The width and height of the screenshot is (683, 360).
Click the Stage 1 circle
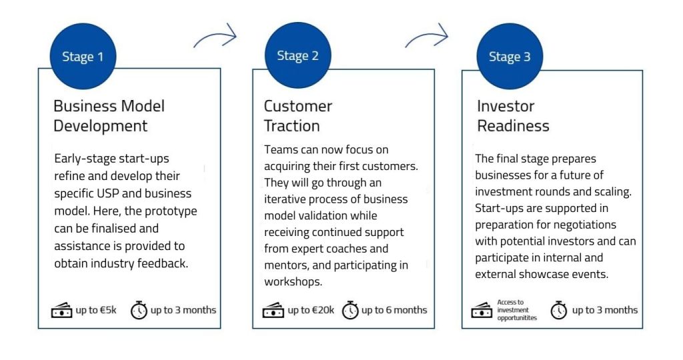(x=83, y=56)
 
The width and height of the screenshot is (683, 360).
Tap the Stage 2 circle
(x=298, y=55)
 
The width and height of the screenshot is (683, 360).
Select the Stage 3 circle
(x=510, y=56)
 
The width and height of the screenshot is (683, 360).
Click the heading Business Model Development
(x=109, y=116)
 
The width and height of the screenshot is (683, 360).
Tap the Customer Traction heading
(x=298, y=116)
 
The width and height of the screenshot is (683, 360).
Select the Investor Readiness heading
(x=513, y=116)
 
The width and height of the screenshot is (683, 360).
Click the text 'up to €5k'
(x=96, y=310)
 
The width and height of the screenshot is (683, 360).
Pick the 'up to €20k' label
(x=311, y=310)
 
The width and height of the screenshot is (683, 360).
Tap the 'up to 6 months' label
(x=394, y=310)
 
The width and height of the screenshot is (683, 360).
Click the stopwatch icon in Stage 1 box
(x=139, y=310)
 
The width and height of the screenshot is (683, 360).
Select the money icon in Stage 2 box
(x=273, y=311)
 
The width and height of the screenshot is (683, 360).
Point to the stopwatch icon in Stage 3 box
(x=559, y=310)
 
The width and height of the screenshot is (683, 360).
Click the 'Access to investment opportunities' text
(x=517, y=310)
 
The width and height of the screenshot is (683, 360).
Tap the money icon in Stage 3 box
(x=482, y=311)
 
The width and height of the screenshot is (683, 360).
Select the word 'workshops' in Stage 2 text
(x=293, y=281)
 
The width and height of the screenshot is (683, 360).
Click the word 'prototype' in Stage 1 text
(x=171, y=211)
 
